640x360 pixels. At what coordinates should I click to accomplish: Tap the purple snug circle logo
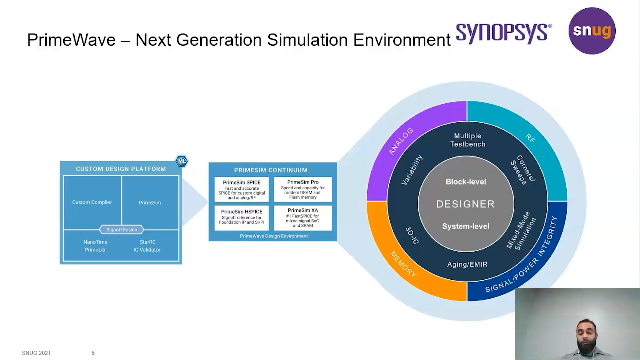pos(592,31)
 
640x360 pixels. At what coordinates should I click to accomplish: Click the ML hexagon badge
pos(182,161)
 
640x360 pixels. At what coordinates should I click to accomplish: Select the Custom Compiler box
pos(92,202)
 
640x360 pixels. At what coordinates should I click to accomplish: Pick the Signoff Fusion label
pos(122,230)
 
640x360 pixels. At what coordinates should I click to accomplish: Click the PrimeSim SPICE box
pos(242,189)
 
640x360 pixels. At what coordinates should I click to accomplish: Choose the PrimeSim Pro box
pos(303,189)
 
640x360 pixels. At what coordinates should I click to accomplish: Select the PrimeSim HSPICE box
pos(242,218)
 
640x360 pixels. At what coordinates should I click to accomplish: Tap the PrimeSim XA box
pos(303,218)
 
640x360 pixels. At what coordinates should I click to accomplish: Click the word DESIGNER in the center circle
pos(466,204)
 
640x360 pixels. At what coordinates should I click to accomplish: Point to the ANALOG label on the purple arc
pos(401,141)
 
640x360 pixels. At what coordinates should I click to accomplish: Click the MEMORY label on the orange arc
pos(403,264)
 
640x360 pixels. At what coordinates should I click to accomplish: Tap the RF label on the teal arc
pos(530,138)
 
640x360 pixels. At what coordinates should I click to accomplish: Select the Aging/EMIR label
pos(467,264)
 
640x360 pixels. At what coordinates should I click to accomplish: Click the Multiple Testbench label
pos(467,140)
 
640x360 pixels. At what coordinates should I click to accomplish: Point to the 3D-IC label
pos(412,235)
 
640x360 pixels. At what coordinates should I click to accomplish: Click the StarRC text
pos(147,242)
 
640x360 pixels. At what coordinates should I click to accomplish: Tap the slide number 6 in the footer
pos(93,353)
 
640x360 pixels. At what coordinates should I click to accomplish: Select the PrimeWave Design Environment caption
pos(274,236)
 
